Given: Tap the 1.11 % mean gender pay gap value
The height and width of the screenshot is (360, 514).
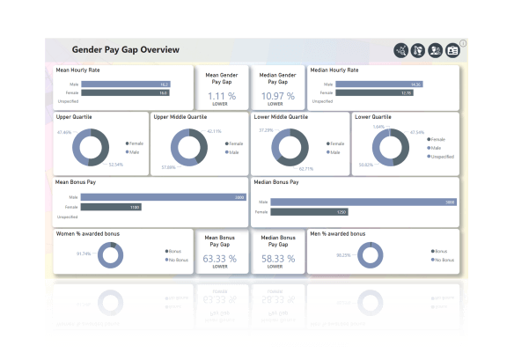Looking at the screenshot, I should coord(221,96).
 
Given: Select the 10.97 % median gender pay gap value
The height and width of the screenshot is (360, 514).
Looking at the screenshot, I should coord(278,96).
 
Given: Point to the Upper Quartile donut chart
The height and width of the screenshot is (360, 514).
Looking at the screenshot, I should coord(91,147).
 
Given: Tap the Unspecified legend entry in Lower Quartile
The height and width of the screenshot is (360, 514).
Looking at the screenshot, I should coord(437,156).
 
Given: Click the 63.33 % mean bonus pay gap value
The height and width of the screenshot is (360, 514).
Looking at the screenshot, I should coord(220,259).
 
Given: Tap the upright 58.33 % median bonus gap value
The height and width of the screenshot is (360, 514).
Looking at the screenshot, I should coord(278,259).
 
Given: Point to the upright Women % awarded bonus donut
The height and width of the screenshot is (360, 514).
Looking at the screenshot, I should coord(110,255).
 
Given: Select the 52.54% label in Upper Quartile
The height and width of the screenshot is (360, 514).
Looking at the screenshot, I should coord(116,164).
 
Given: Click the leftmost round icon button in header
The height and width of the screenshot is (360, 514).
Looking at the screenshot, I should coord(401,50).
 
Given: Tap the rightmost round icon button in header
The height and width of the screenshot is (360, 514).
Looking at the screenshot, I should coord(452,50).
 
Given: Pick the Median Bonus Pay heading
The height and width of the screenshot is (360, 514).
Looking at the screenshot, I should coord(276,182).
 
